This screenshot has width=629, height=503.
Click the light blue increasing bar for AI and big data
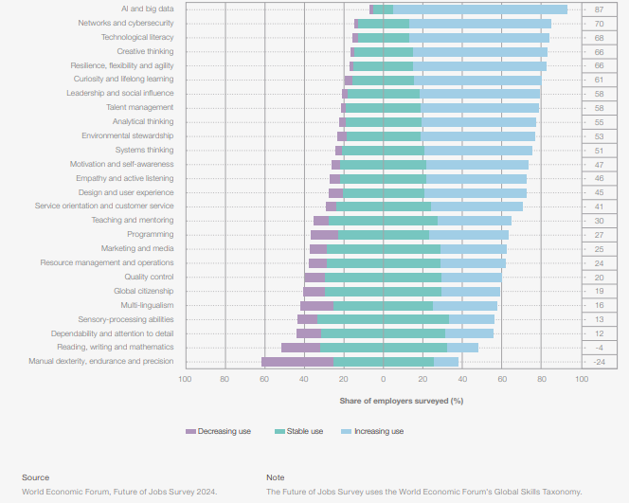(479, 9)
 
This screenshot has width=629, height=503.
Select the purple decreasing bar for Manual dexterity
(297, 362)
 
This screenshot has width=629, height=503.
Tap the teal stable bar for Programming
(384, 235)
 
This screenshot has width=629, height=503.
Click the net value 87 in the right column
(599, 9)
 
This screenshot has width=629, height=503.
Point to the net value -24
(599, 362)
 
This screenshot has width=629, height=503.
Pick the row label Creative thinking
(145, 51)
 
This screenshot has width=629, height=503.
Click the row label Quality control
(149, 277)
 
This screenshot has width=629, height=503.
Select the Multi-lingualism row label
(147, 305)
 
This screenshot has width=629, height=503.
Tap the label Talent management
(139, 107)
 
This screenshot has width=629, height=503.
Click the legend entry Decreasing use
(224, 432)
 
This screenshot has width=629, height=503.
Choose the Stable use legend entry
(304, 432)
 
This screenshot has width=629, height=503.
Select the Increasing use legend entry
(378, 432)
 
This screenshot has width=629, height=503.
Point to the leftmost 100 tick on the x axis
(185, 379)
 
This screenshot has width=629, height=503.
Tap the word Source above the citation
(36, 477)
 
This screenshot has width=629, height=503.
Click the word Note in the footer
(276, 477)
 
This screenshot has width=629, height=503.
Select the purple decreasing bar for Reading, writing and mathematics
(300, 348)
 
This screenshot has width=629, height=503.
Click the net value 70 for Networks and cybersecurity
(599, 24)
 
